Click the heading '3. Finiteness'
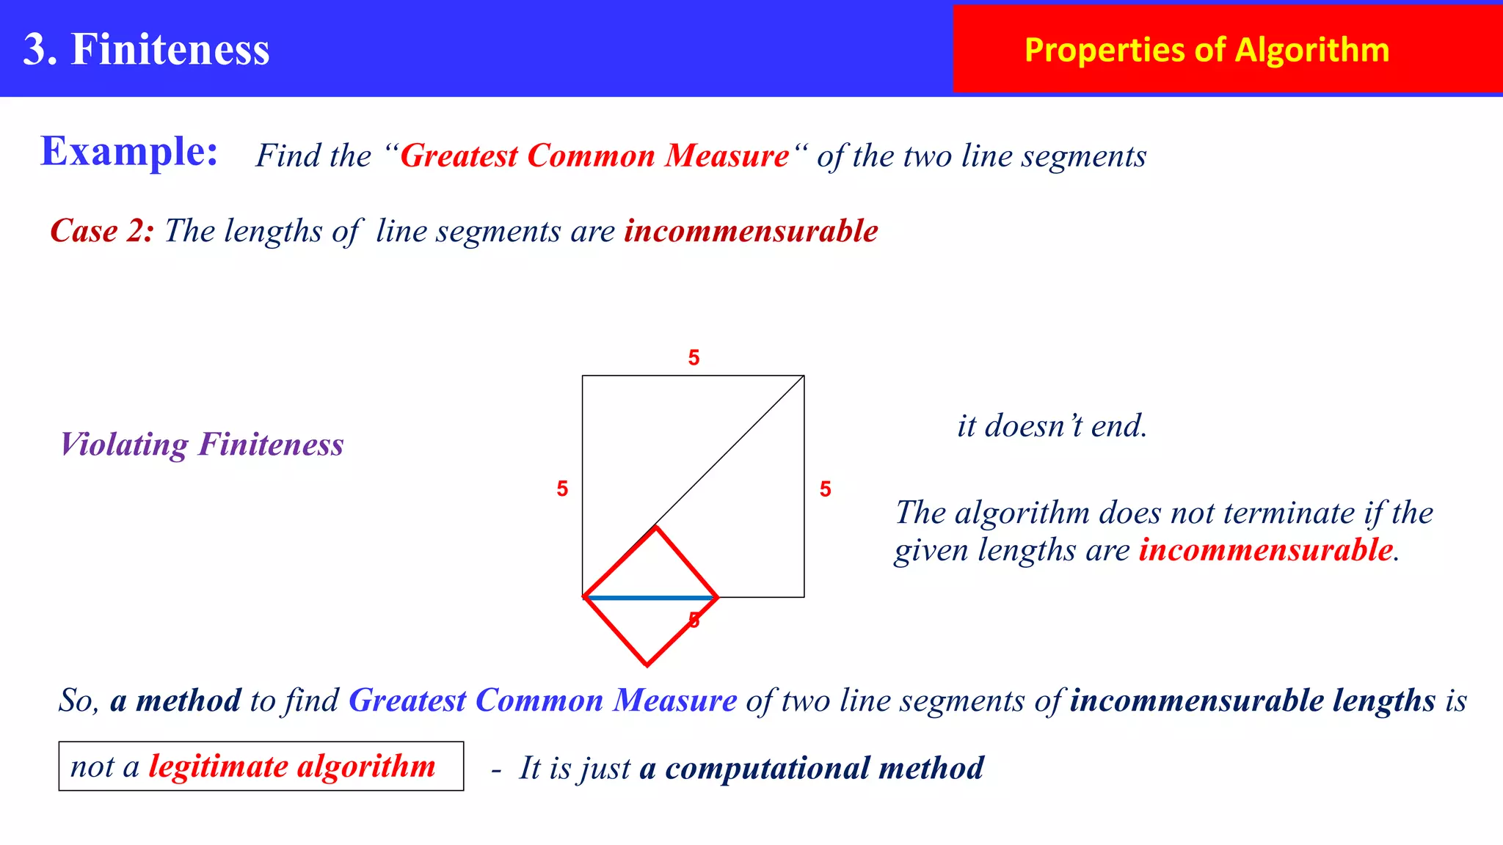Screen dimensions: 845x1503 (x=147, y=49)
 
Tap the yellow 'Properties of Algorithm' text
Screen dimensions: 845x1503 (x=1207, y=50)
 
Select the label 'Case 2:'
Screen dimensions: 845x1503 (x=102, y=231)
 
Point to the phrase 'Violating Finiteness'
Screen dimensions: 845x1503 (x=202, y=445)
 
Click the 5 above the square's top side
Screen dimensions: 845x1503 (x=694, y=358)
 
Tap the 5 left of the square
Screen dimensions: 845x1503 (x=562, y=489)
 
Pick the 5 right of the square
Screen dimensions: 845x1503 (x=826, y=489)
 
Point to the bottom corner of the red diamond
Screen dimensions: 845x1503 (x=647, y=665)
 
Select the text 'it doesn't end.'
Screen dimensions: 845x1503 (x=1052, y=426)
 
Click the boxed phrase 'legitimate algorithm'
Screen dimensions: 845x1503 (x=292, y=767)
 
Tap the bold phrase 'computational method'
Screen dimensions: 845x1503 (x=824, y=768)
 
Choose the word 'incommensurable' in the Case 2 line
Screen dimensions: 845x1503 (x=751, y=231)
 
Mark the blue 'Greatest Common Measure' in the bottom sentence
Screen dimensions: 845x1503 (x=542, y=700)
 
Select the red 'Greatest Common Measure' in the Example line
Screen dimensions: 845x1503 (x=594, y=156)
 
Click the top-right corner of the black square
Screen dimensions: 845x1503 (x=804, y=376)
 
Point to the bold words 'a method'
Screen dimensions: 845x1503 (x=175, y=700)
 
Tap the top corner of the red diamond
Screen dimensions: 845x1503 (x=656, y=527)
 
